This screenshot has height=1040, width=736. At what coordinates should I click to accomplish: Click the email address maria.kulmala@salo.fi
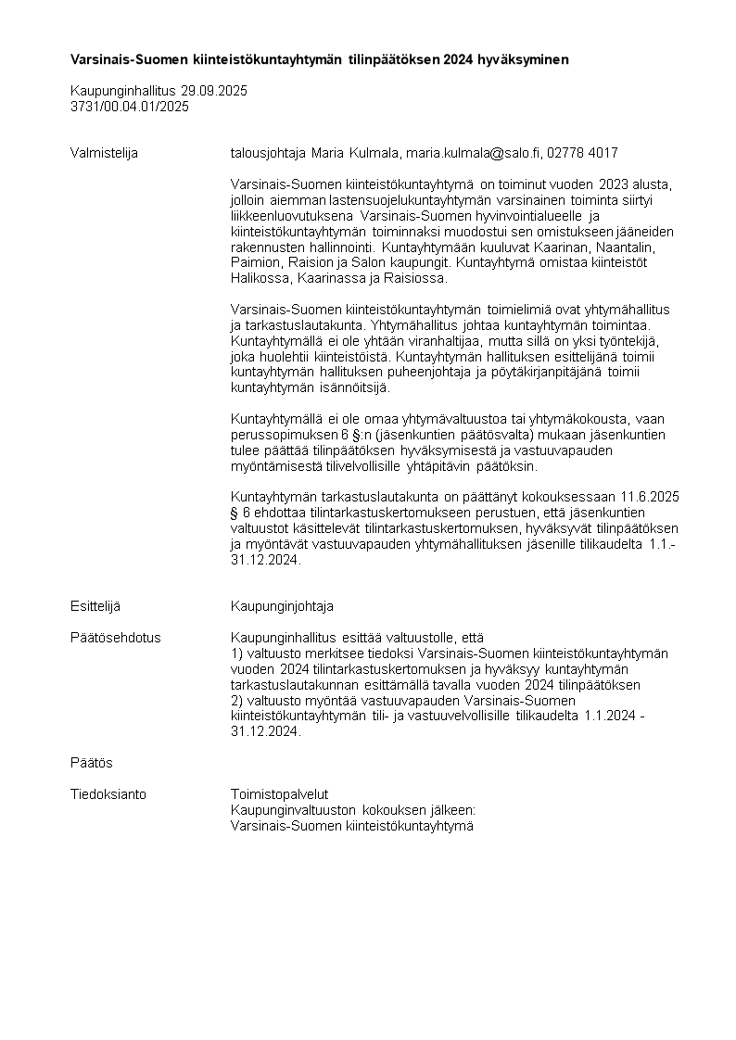[475, 153]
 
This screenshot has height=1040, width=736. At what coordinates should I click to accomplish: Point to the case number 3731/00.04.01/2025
[130, 107]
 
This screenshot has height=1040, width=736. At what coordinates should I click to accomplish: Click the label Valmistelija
[104, 153]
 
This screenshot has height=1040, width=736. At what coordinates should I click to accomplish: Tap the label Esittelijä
[95, 606]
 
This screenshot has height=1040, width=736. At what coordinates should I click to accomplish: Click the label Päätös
[91, 763]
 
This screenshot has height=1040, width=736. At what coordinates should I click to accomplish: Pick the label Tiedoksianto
[108, 794]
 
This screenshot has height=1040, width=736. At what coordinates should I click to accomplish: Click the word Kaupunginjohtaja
[282, 606]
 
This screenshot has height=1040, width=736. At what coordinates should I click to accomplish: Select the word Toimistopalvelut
[279, 794]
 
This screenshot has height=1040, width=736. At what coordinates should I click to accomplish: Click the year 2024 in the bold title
[458, 59]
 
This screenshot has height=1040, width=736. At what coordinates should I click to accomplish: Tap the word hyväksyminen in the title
[523, 59]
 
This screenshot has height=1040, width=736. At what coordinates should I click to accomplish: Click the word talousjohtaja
[267, 153]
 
